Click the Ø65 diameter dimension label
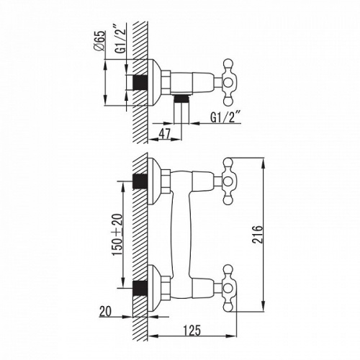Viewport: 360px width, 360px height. pyautogui.click(x=99, y=41)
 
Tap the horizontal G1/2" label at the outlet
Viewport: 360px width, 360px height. pyautogui.click(x=225, y=117)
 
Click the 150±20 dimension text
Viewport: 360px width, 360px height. pyautogui.click(x=118, y=235)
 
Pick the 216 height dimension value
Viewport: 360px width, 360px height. pyautogui.click(x=258, y=235)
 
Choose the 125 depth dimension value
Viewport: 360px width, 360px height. pyautogui.click(x=192, y=330)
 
